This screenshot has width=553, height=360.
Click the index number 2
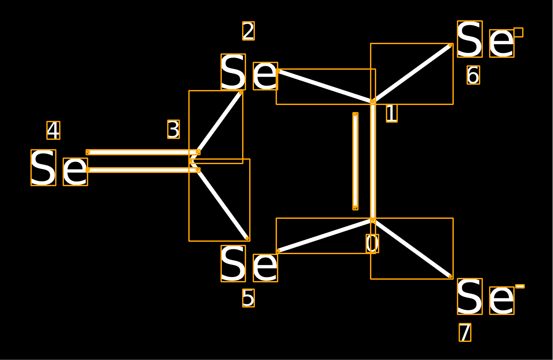(x=248, y=31)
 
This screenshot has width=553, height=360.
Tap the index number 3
(x=174, y=129)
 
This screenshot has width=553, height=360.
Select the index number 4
(x=53, y=131)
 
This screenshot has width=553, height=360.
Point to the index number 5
(x=248, y=298)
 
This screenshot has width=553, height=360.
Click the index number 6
(x=473, y=75)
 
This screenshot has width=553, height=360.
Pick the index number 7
(x=465, y=332)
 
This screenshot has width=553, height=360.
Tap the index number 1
(x=392, y=113)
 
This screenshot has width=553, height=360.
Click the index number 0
(x=372, y=244)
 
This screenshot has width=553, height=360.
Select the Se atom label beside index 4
(x=59, y=168)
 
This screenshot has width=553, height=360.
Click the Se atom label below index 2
(x=249, y=72)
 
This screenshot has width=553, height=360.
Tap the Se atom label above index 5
(x=249, y=263)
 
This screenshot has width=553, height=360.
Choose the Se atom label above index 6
(x=486, y=39)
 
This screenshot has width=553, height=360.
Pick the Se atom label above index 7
(x=486, y=296)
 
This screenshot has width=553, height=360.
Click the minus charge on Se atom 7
(x=519, y=286)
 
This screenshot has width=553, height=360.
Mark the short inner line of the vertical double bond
(x=355, y=161)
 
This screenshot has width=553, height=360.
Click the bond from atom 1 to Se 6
(x=412, y=73)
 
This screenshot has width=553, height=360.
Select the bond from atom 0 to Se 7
(x=412, y=248)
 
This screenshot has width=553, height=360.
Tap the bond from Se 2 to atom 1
(x=325, y=86)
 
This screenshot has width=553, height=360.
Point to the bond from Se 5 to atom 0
(x=325, y=236)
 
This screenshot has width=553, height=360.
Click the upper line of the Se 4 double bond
(x=143, y=152)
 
